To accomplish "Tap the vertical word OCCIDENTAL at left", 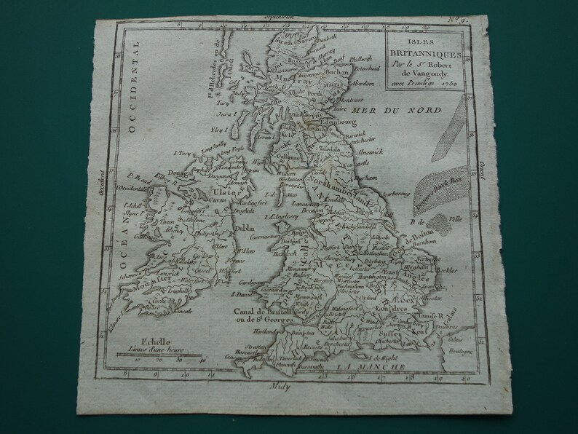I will point(132,95).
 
